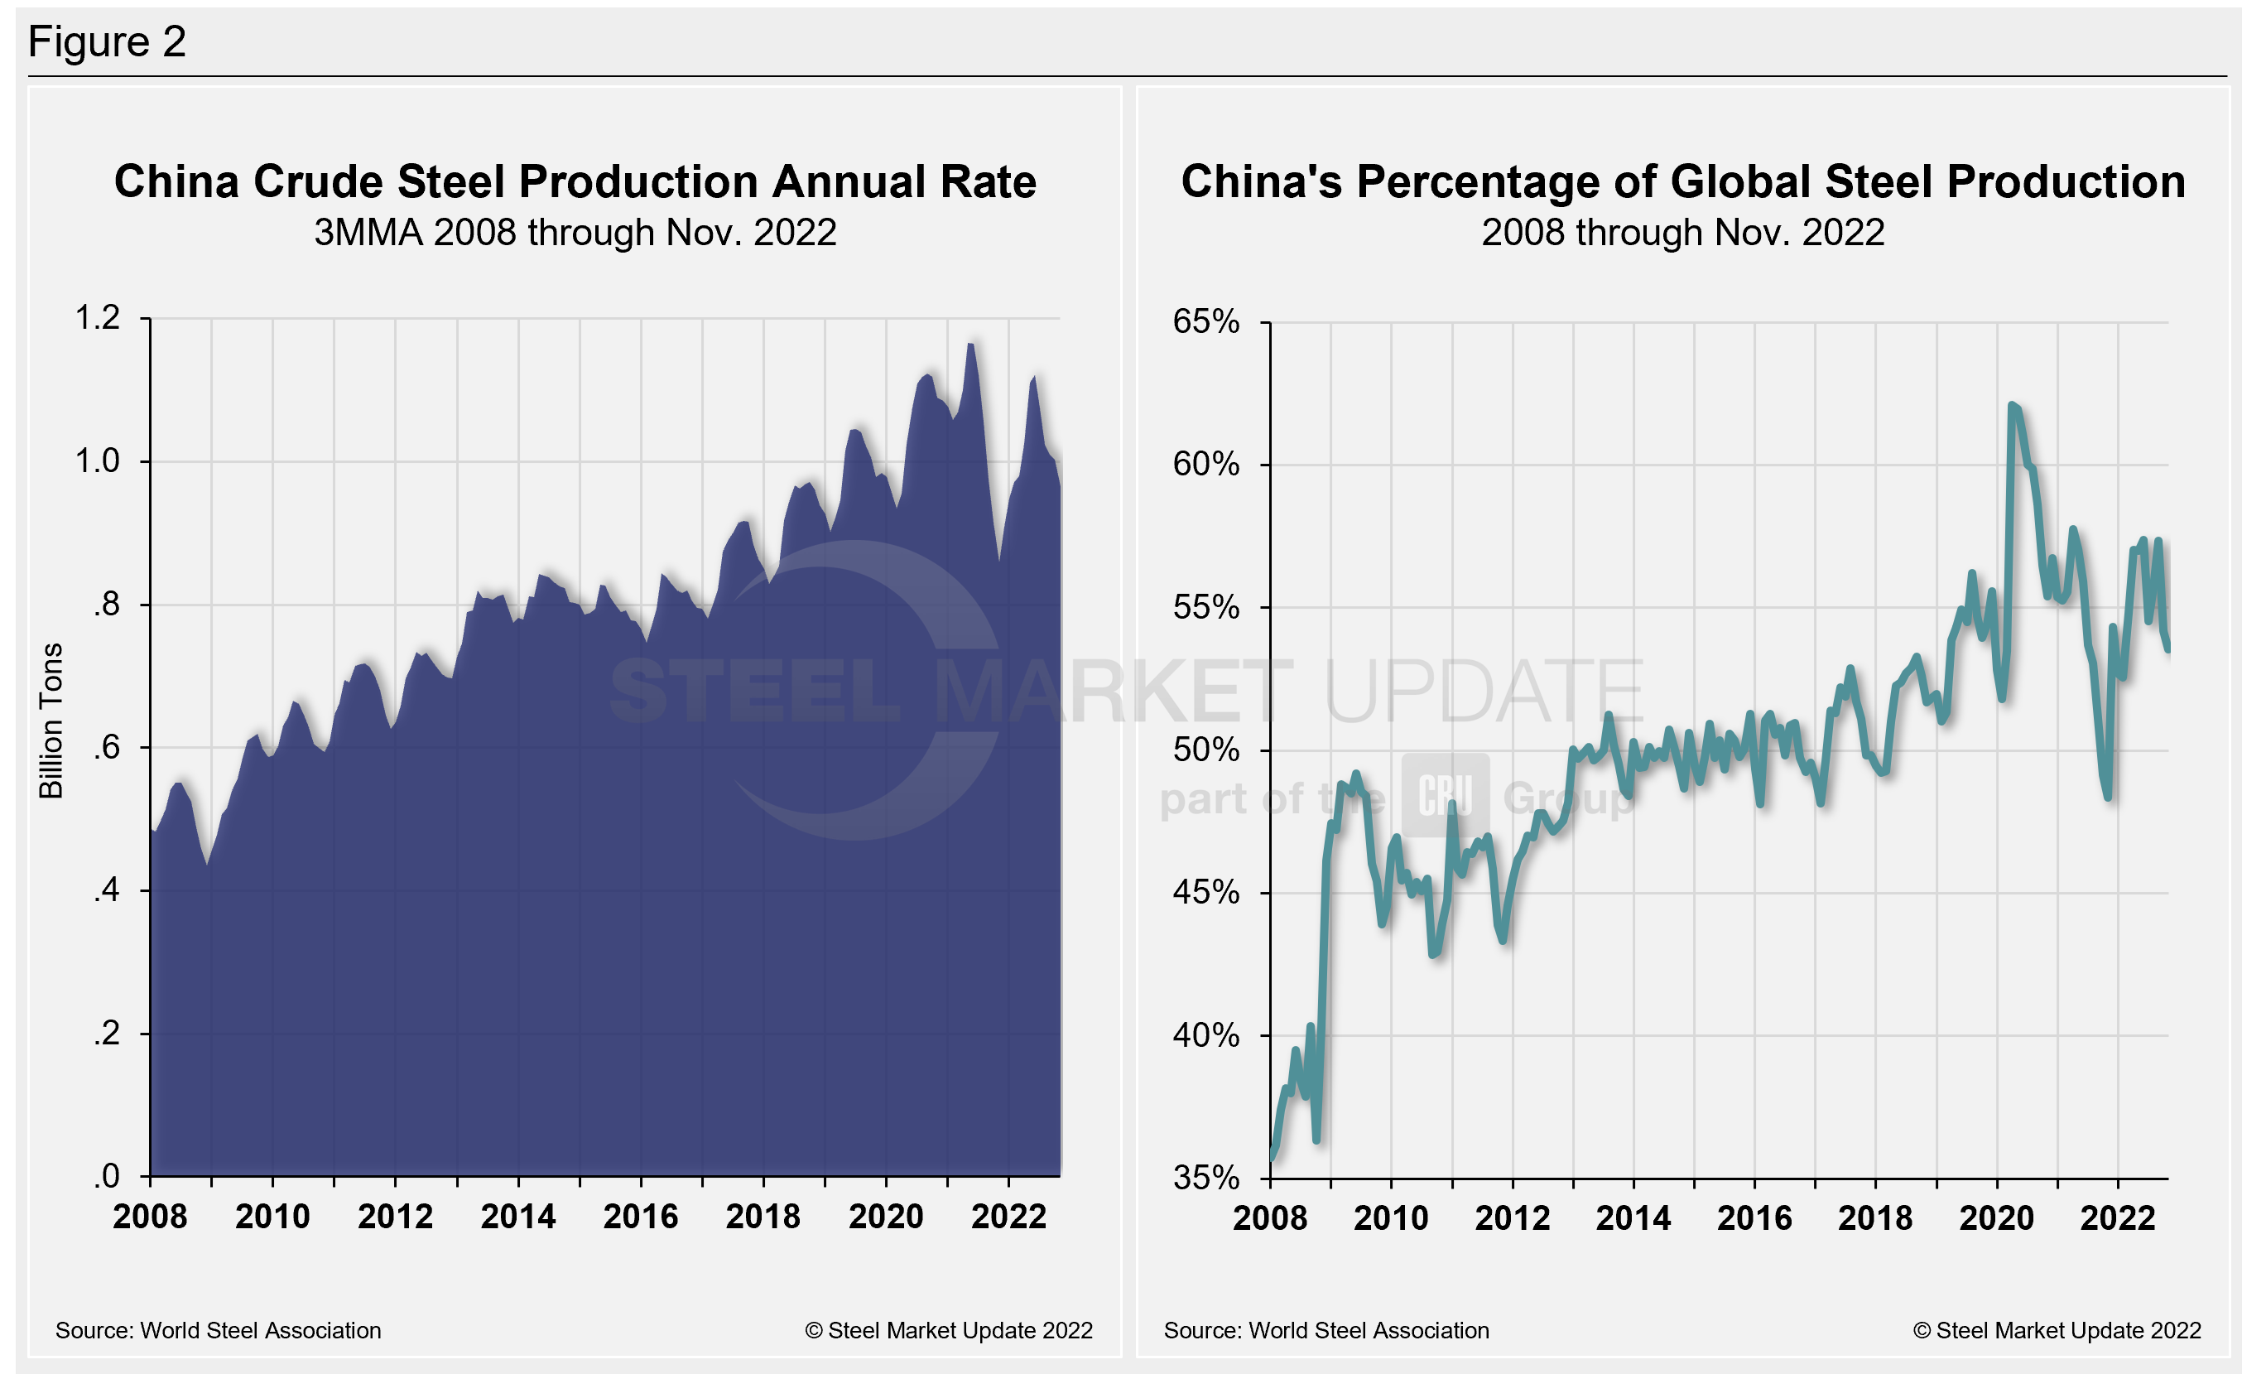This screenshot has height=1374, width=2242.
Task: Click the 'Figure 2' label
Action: point(108,42)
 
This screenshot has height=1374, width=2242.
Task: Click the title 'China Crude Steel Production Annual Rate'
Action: point(575,181)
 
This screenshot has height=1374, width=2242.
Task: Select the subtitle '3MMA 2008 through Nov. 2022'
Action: point(575,233)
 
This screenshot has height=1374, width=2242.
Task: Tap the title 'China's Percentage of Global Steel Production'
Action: point(1682,181)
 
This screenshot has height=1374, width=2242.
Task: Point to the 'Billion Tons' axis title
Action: point(51,721)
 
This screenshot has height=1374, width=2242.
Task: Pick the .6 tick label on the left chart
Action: point(107,747)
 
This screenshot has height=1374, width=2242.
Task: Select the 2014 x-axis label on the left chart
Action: point(517,1217)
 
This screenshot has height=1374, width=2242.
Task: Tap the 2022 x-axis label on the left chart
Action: point(1008,1217)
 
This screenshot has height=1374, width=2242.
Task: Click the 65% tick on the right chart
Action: point(1205,321)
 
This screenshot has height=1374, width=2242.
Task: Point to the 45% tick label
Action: point(1205,893)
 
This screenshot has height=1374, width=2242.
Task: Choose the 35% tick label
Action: point(1205,1179)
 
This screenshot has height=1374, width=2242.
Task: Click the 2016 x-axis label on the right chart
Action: point(1754,1218)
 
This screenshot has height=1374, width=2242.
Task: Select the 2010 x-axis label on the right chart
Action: point(1391,1218)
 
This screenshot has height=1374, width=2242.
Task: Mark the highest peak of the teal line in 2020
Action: point(2011,405)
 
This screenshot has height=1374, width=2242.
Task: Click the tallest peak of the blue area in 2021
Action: point(971,344)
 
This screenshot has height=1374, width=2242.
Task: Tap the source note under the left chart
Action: point(219,1330)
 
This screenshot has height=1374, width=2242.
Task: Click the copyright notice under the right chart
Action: point(2057,1330)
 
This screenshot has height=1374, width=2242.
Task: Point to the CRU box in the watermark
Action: point(1445,795)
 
